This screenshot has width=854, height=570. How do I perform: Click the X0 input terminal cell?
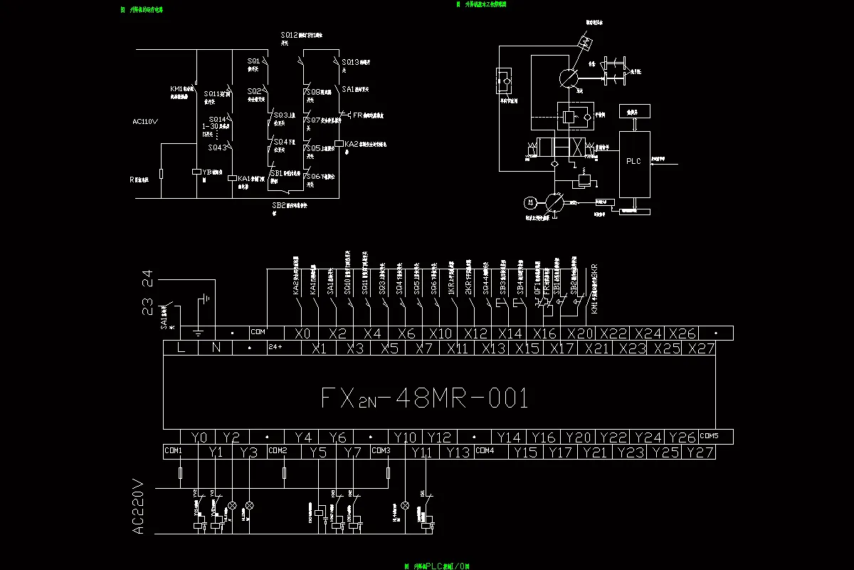tap(302, 333)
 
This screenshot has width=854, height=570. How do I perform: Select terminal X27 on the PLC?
tap(701, 348)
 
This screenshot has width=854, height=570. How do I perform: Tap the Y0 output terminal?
tap(199, 437)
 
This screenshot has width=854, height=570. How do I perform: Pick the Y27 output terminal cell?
tap(701, 452)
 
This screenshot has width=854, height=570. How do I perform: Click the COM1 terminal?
tap(173, 451)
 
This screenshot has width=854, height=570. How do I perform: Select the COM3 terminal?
tap(381, 451)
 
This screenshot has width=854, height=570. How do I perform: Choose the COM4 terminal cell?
tap(485, 451)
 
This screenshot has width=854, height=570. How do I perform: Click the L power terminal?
tap(181, 348)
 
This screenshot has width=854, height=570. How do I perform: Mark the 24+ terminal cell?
tap(275, 348)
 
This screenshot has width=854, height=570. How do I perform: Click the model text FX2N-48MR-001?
tap(425, 398)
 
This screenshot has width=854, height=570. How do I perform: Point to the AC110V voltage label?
tap(145, 121)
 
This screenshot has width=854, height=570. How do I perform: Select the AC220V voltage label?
tap(139, 507)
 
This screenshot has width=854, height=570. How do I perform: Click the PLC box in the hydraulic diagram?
tap(633, 162)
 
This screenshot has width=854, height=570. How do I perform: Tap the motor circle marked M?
tap(529, 202)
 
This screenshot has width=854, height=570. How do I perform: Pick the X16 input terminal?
tap(544, 333)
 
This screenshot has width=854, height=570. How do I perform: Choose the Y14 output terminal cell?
tap(509, 437)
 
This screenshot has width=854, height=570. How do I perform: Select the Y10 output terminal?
tap(405, 437)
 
